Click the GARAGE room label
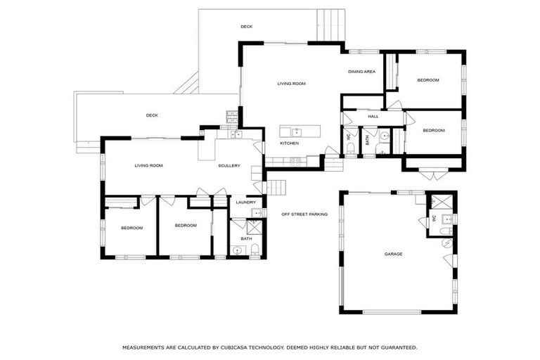pos(393,254)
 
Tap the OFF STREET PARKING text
pos(304,214)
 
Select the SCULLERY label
pos(229,166)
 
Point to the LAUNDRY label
pos(245,202)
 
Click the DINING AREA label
pos(361,72)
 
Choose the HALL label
pos(373,117)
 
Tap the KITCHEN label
pos(289,143)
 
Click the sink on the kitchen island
pos(297,131)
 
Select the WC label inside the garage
pos(434,218)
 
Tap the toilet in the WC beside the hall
pos(352,148)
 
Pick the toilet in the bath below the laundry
pos(255,249)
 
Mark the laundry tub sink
pos(257,212)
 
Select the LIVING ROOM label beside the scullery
pos(148,166)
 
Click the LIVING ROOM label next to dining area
pos(291,84)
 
